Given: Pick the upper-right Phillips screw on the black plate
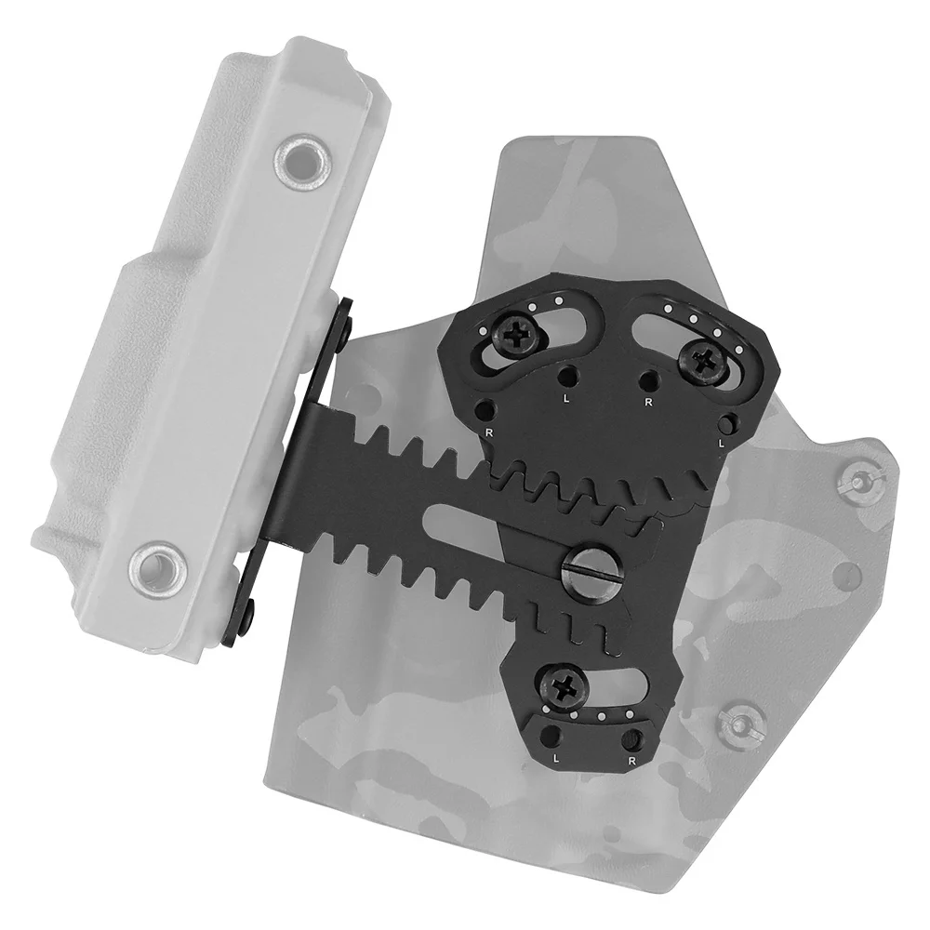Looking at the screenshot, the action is click(x=705, y=360).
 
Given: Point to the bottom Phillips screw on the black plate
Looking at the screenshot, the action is click(x=562, y=686).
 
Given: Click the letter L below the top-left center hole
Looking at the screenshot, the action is click(x=567, y=399).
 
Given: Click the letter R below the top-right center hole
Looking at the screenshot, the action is click(x=649, y=402).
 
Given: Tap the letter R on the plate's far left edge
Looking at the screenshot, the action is click(x=489, y=432).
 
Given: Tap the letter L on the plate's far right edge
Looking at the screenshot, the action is click(x=722, y=443).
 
